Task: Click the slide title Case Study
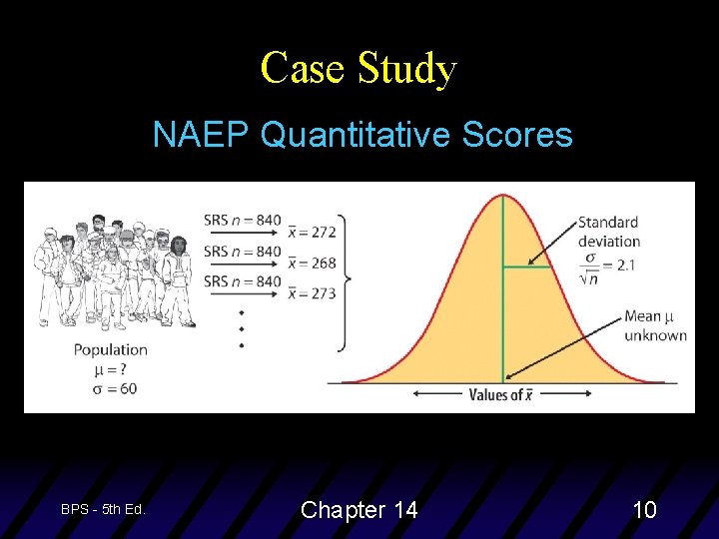click(359, 69)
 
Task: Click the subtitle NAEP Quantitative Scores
click(362, 134)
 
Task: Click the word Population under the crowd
click(110, 349)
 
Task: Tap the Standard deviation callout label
click(608, 232)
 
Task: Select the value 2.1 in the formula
click(624, 265)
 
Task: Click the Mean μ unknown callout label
click(655, 325)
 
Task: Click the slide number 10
click(644, 510)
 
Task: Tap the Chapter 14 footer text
click(359, 510)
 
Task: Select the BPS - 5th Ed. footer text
click(103, 509)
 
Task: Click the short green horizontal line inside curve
click(523, 266)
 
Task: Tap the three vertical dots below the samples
click(241, 327)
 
